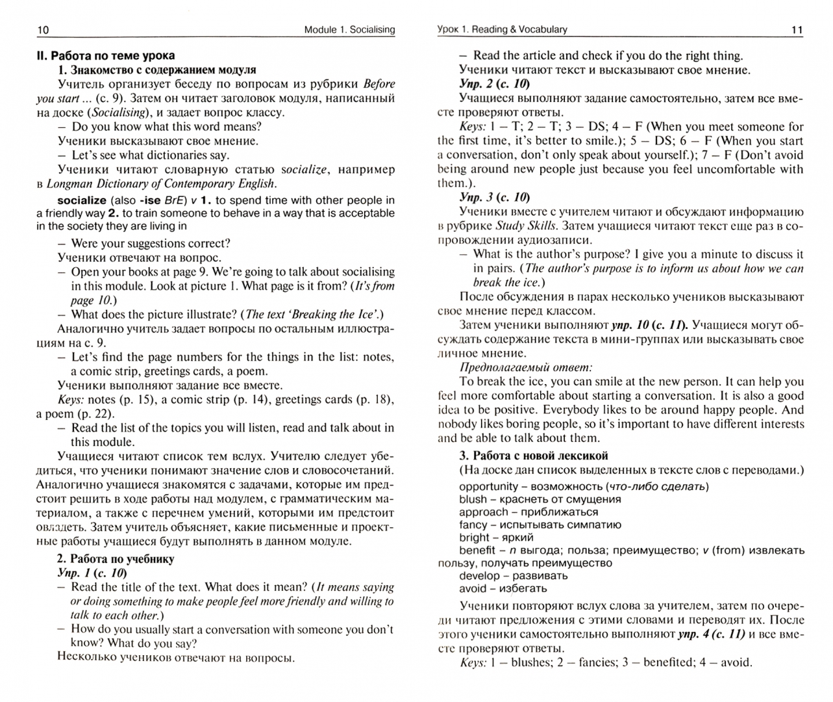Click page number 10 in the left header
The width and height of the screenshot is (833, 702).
click(x=43, y=30)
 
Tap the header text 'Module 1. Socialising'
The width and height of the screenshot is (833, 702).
click(x=349, y=30)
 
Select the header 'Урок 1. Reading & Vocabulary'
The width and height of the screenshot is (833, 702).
click(x=502, y=29)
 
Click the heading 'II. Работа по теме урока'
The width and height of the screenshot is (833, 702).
click(x=105, y=56)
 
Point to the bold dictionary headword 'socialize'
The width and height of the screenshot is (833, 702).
click(x=82, y=200)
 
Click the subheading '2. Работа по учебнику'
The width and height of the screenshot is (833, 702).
click(x=115, y=558)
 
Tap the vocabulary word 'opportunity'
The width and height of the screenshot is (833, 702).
click(x=488, y=486)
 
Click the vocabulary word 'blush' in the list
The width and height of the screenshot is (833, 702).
click(x=473, y=499)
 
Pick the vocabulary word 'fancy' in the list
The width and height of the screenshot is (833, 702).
click(x=473, y=525)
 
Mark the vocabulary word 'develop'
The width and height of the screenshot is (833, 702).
click(x=480, y=576)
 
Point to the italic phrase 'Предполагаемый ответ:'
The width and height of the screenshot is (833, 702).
click(x=525, y=367)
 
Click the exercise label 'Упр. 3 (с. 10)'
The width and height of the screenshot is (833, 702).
click(x=493, y=198)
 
